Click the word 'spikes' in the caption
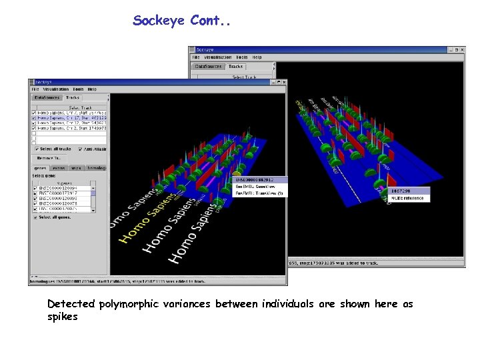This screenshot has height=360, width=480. (x=62, y=317)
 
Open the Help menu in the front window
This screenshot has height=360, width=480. (x=92, y=89)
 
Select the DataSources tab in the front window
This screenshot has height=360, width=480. (x=46, y=98)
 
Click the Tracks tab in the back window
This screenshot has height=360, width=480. (x=235, y=67)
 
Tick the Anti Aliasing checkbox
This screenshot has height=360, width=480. (x=80, y=149)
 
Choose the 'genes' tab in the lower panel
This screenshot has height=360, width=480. (x=41, y=168)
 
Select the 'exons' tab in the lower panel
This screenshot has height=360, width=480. (x=59, y=168)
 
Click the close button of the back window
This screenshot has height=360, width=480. (x=462, y=50)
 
